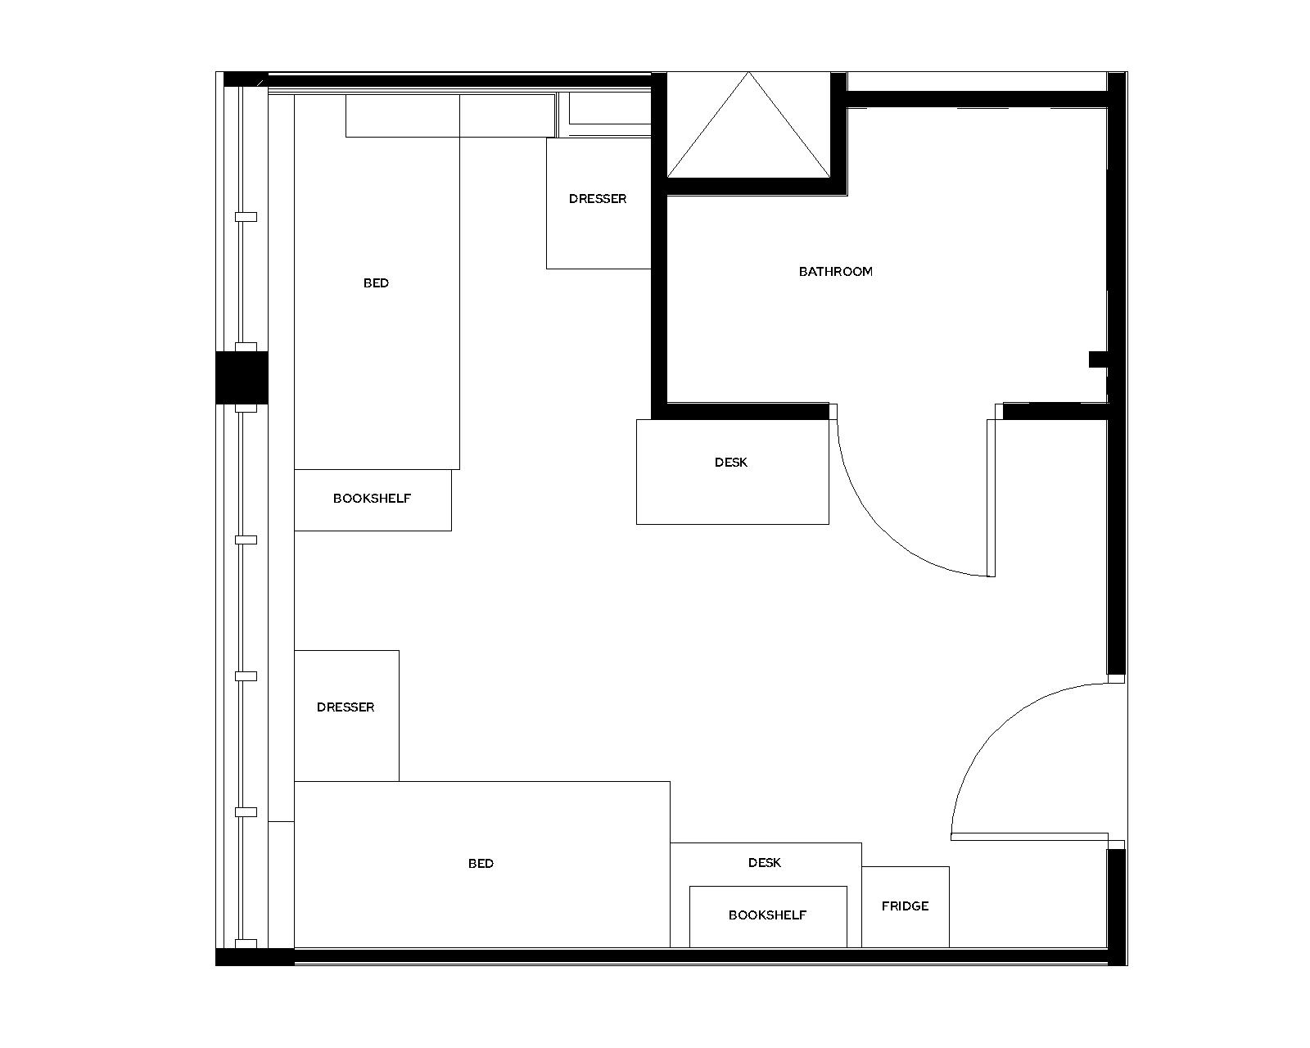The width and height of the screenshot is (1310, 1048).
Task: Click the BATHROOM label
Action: pos(835,271)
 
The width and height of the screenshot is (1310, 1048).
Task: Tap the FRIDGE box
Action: pos(905,906)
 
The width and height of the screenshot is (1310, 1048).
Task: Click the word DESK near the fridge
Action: pos(764,862)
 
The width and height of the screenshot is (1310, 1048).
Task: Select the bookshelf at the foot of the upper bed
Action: pos(372,499)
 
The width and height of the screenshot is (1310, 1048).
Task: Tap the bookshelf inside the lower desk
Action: pos(767,915)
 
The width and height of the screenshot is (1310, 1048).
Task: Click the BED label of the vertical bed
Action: pos(376,282)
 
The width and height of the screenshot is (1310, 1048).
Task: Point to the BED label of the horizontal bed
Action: pos(481,863)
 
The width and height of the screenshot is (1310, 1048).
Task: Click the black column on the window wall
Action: pos(242,377)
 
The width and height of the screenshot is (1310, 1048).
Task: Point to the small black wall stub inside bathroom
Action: pos(1097,359)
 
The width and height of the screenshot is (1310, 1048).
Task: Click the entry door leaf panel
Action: pos(1032,837)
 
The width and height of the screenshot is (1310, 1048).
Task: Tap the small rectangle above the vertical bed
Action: pos(402,115)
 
